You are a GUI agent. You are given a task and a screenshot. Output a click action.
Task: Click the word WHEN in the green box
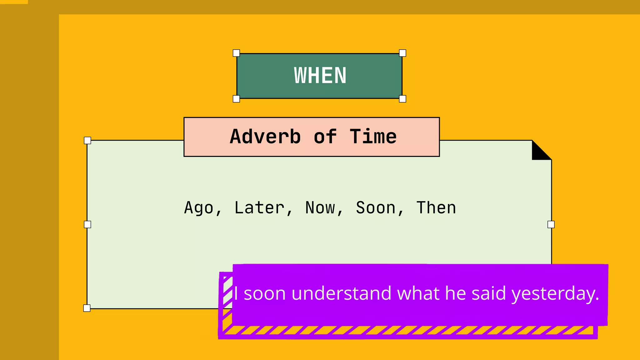[320, 76]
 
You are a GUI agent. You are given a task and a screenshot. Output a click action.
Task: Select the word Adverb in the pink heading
[265, 137]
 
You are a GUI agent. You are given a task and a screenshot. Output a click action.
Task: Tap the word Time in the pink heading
[373, 137]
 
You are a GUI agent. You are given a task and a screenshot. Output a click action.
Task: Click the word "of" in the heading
[325, 137]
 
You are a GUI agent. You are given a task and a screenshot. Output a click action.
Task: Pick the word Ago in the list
[199, 208]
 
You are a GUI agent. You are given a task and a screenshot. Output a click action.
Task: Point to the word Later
[259, 208]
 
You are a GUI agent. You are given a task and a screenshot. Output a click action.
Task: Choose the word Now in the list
[320, 208]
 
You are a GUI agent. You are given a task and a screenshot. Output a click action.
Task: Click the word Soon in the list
[376, 208]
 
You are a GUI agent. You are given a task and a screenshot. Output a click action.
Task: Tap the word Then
[436, 208]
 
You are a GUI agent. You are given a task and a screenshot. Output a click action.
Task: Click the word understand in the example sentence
[341, 294]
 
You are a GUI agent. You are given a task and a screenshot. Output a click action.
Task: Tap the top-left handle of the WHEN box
[237, 53]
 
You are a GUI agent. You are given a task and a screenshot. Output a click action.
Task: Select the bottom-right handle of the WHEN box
[402, 99]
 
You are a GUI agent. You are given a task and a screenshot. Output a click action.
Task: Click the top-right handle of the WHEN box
[402, 53]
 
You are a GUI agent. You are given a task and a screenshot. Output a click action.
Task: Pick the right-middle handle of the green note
[551, 224]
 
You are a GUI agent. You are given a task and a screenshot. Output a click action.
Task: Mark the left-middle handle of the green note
[87, 224]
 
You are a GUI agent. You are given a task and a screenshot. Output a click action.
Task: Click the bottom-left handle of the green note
[87, 308]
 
